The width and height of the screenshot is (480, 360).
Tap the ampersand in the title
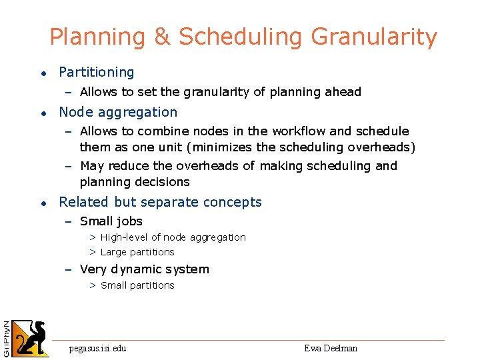coord(162,37)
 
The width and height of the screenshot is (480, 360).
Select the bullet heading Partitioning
coord(96,72)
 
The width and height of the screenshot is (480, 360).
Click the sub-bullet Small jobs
coord(111,221)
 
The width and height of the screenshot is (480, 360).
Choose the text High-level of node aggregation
coord(173,237)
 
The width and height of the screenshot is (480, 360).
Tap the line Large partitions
coord(137,252)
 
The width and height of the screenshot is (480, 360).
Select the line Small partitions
coord(137,285)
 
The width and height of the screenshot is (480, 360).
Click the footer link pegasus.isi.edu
coord(97,348)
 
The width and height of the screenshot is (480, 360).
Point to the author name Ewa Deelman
coord(331,348)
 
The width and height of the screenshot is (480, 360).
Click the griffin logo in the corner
coord(31,339)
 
